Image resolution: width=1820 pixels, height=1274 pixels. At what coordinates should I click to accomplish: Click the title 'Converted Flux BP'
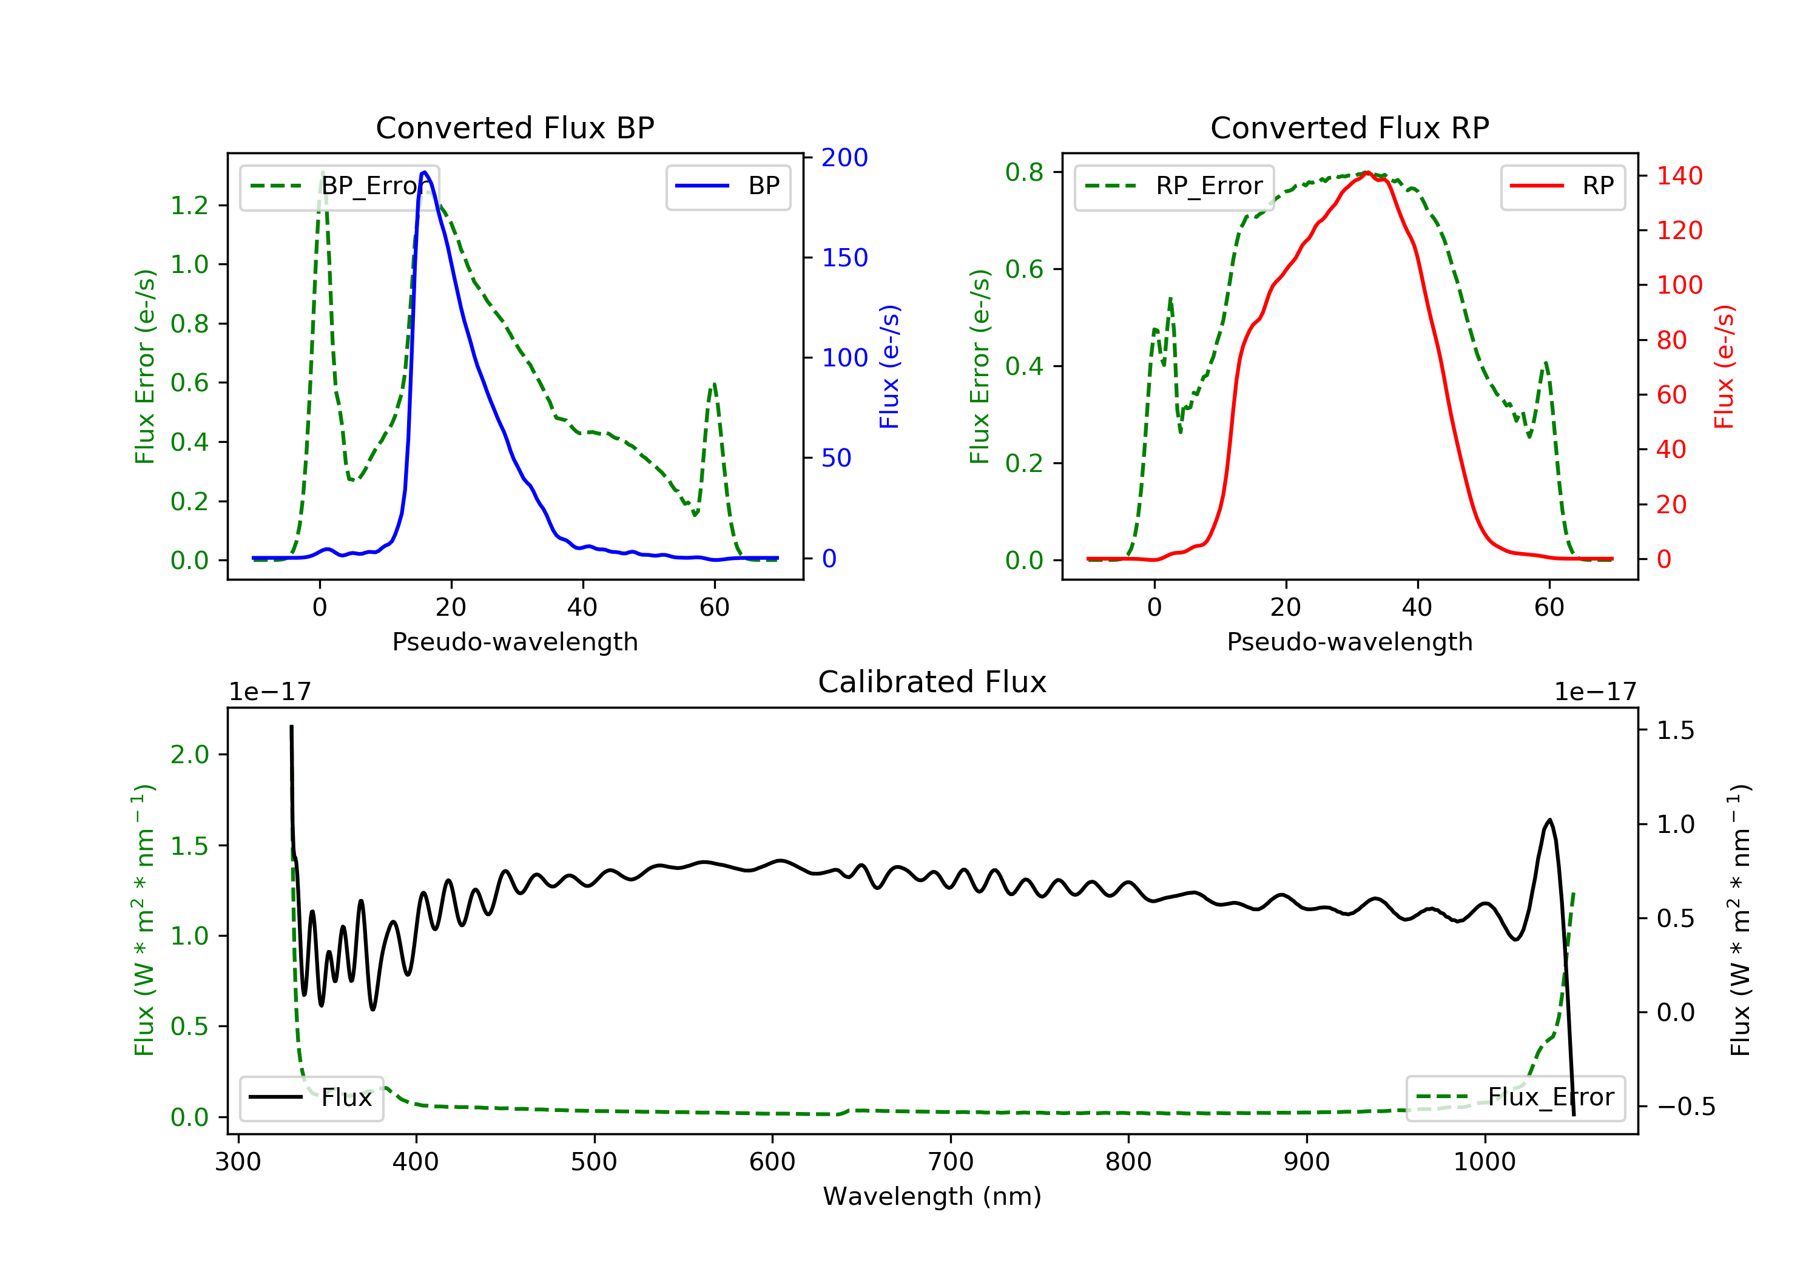(x=514, y=127)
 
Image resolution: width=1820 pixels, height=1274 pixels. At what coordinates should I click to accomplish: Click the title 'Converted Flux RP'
(x=1349, y=127)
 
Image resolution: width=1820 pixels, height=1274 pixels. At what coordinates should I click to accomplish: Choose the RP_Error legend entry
(x=1173, y=186)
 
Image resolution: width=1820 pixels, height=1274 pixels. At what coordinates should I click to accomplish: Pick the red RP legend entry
(x=1562, y=186)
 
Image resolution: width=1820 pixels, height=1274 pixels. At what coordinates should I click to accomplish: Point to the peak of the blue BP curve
(x=425, y=172)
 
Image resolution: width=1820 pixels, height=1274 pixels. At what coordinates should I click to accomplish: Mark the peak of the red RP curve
(x=1367, y=172)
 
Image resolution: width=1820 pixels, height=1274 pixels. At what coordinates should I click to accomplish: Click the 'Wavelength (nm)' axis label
(x=932, y=1196)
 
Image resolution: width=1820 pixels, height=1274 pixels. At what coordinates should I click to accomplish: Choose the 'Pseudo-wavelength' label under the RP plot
(x=1349, y=641)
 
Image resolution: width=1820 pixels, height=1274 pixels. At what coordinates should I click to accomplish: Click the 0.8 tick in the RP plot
(x=1024, y=172)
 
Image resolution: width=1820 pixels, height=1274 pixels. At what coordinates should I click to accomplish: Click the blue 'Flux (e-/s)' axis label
(x=889, y=366)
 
